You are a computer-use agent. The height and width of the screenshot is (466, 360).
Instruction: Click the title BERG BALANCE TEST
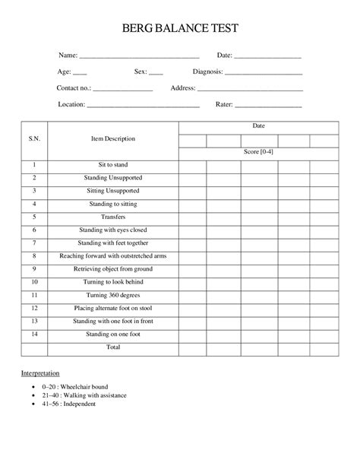click(x=180, y=29)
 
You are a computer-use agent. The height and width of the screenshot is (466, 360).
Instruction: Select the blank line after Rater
click(x=268, y=105)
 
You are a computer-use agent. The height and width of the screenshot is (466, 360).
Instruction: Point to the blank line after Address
click(x=250, y=89)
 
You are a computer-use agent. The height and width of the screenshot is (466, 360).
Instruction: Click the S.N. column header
click(x=35, y=140)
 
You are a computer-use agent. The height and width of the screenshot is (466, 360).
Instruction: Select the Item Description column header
click(x=113, y=140)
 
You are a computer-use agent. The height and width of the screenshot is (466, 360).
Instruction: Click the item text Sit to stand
click(x=113, y=164)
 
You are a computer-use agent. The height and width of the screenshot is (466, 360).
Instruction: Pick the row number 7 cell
click(x=35, y=243)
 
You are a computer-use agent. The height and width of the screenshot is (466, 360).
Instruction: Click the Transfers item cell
click(x=113, y=217)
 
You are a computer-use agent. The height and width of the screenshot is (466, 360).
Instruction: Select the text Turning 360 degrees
click(x=113, y=295)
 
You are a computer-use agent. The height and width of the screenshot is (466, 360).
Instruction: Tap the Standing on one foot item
click(x=113, y=334)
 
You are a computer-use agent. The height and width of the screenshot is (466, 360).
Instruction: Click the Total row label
click(x=113, y=347)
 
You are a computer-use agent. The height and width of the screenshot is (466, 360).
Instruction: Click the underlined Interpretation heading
click(x=45, y=375)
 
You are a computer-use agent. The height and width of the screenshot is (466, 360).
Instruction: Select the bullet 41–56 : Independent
click(x=65, y=405)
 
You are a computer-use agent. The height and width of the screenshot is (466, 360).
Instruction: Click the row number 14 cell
click(x=35, y=334)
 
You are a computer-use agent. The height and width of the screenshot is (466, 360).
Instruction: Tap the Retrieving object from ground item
click(x=113, y=268)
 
